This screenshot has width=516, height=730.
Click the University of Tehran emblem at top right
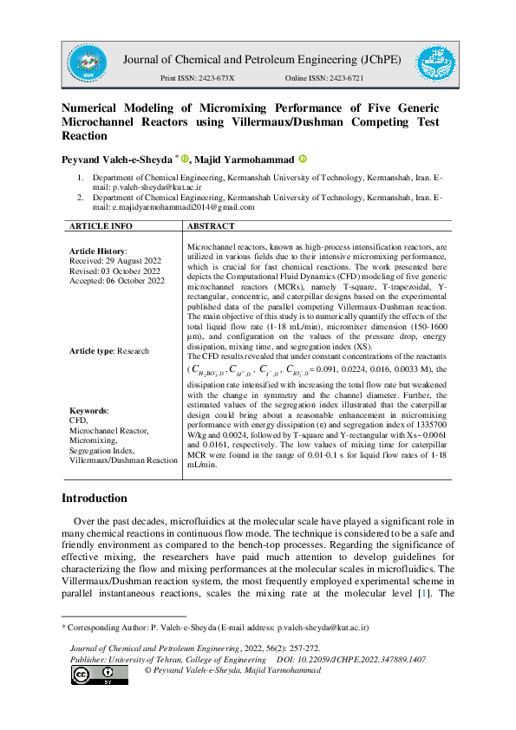tap(436, 63)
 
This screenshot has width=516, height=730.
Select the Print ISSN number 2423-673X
tap(214, 79)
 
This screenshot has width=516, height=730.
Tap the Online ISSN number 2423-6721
tap(343, 79)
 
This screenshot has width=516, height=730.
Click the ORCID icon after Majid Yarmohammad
tap(302, 160)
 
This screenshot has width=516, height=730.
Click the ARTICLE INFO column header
tap(101, 226)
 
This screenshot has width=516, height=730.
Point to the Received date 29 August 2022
tap(131, 259)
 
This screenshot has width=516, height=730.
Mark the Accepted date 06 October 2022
tap(132, 280)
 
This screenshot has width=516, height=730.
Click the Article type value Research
tap(133, 351)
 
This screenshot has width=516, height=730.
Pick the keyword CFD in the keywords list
tap(78, 419)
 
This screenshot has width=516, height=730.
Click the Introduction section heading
tap(94, 499)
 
